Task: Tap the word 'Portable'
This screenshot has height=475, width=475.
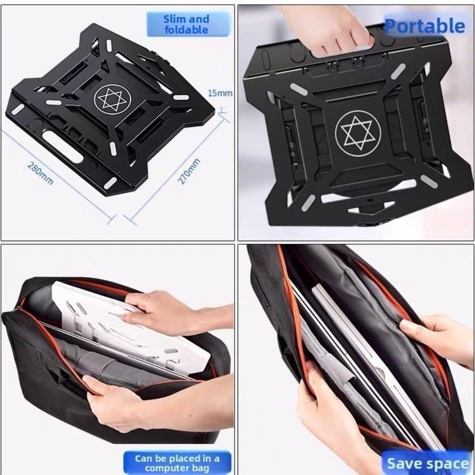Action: (x=424, y=26)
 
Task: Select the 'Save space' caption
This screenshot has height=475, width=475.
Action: (x=427, y=463)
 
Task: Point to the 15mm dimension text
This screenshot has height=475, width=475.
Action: (x=220, y=93)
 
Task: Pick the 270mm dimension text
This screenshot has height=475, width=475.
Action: (x=189, y=172)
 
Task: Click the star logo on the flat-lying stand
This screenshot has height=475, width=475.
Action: (x=112, y=98)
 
